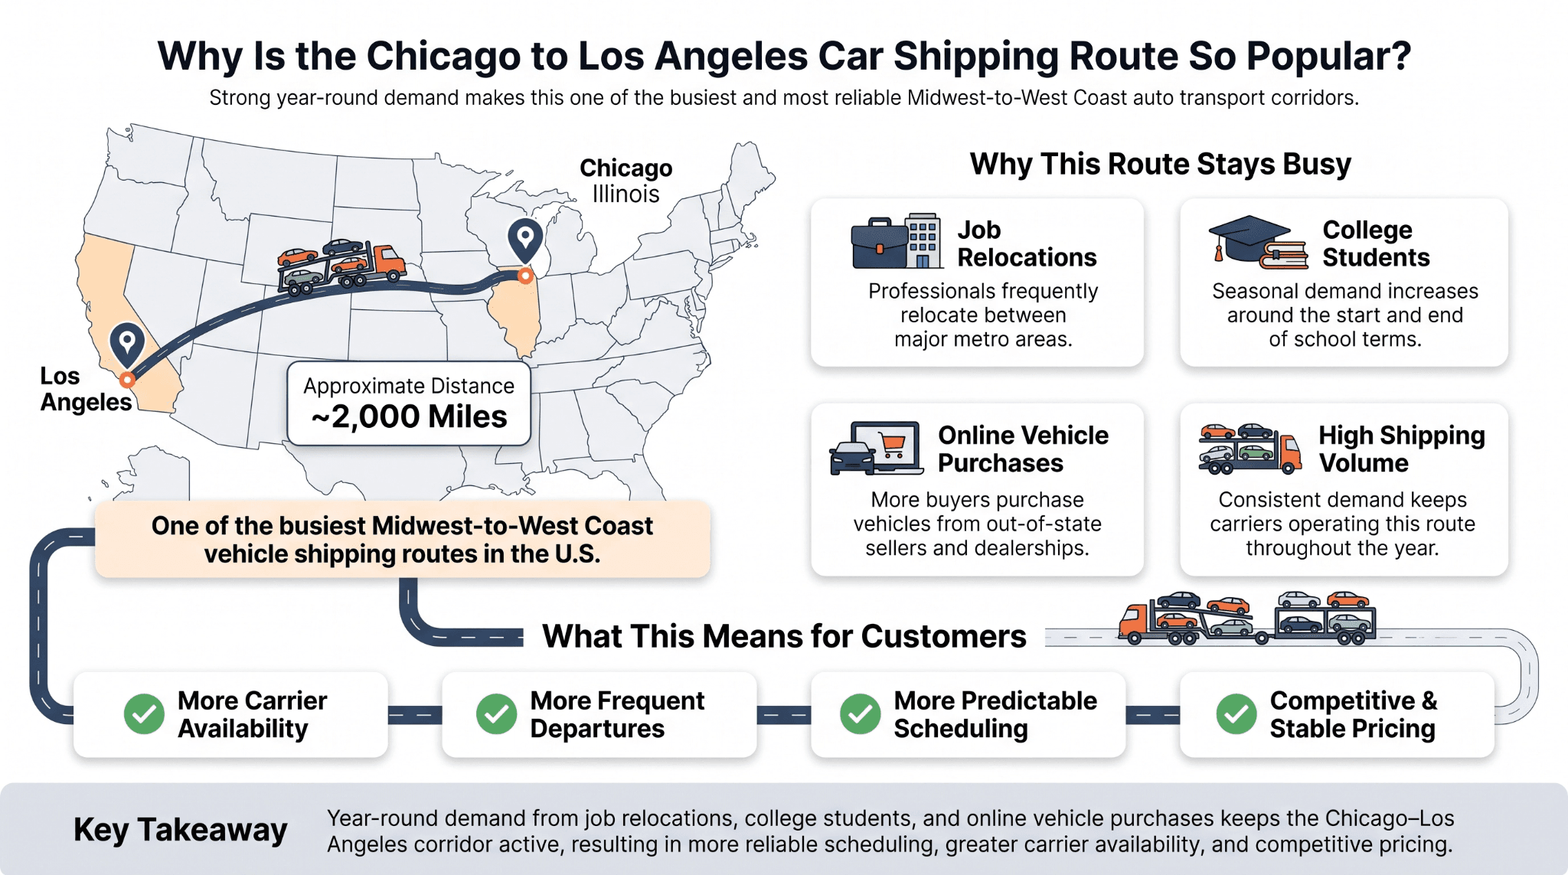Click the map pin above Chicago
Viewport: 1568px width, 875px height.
tap(525, 241)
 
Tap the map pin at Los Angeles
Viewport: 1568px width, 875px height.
tap(127, 344)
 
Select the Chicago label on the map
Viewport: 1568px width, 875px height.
tap(626, 168)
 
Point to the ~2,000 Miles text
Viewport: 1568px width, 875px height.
tap(409, 417)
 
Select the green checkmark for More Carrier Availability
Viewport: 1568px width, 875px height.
tap(144, 714)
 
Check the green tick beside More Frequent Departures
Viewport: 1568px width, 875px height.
tap(497, 714)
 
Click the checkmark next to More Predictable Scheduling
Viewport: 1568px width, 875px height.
tap(861, 714)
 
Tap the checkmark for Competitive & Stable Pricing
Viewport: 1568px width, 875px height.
tap(1236, 714)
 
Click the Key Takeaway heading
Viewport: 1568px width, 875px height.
tap(181, 831)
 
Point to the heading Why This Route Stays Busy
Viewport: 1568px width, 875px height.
tap(1161, 165)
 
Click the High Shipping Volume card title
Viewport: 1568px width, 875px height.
tap(1402, 449)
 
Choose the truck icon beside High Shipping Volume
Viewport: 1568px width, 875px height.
tap(1249, 449)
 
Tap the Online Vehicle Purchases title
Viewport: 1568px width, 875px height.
tap(1023, 449)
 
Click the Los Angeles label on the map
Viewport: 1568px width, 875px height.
tap(86, 389)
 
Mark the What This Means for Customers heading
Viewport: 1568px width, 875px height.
tap(784, 637)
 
